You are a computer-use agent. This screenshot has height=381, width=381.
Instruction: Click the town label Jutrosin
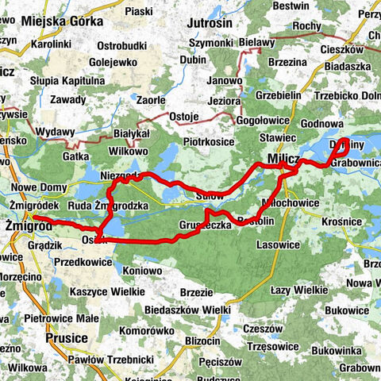click(x=210, y=24)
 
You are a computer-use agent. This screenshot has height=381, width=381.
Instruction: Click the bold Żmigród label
click(x=29, y=226)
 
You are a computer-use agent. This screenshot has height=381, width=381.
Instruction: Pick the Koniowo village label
click(x=143, y=270)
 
